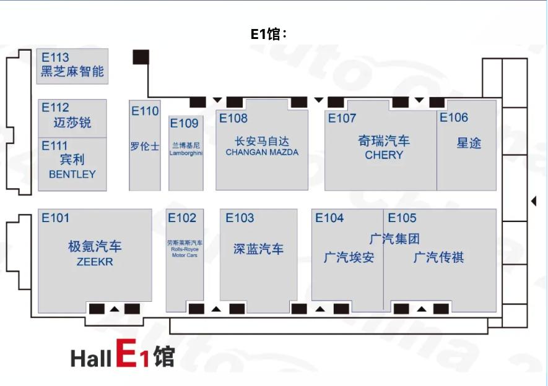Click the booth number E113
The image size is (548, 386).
point(55,58)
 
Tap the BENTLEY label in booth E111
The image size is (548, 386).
point(72,174)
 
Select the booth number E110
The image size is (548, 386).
point(145,111)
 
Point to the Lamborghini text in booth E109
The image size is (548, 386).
point(186,153)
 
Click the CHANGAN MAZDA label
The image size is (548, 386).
point(262,152)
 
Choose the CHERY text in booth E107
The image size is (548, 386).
point(384,155)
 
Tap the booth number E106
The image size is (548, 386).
point(454,118)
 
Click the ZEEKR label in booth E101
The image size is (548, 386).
point(95,262)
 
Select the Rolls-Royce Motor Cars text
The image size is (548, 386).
point(185,252)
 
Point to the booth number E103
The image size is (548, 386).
point(240,218)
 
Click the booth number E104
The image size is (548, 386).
point(329,218)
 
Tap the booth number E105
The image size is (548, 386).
point(402,218)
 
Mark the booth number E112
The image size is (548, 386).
point(55,108)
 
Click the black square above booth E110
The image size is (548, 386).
point(141,57)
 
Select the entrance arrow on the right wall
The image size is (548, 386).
point(534,201)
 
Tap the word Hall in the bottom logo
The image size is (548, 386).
point(91,358)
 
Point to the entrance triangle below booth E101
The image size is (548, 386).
point(115,309)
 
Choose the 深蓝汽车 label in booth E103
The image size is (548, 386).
point(258,249)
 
